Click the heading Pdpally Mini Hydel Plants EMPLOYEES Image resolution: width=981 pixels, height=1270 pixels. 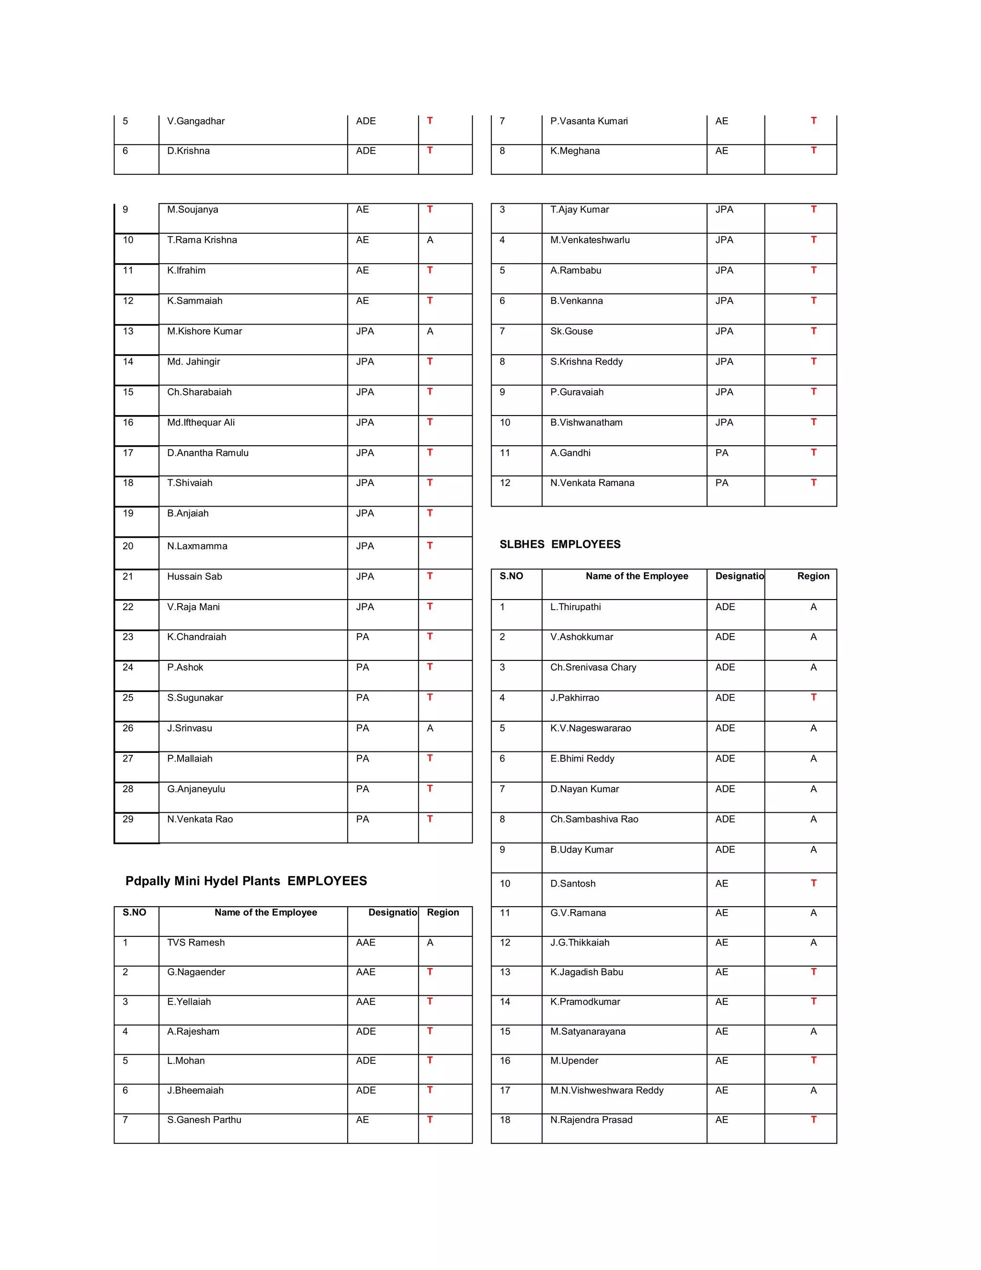246,881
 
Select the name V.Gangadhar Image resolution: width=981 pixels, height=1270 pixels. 196,121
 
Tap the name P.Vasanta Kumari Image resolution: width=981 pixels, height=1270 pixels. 589,121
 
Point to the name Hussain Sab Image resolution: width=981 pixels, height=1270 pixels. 194,576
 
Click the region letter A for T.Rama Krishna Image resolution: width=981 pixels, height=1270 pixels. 430,240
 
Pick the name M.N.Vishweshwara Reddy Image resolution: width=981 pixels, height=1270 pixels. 607,1090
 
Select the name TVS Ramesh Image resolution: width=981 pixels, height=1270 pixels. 196,943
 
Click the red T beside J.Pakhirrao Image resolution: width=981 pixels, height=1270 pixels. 814,697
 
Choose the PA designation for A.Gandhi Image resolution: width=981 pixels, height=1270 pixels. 722,453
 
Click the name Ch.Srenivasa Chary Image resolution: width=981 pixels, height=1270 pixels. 593,668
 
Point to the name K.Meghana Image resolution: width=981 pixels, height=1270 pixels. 575,150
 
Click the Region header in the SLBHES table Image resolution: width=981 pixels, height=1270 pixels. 813,576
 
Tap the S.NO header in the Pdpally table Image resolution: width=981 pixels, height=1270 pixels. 134,912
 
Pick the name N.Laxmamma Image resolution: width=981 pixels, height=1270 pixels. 197,546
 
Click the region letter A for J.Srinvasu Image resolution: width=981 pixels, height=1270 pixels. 430,728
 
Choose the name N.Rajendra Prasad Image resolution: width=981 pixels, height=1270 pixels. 591,1120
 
